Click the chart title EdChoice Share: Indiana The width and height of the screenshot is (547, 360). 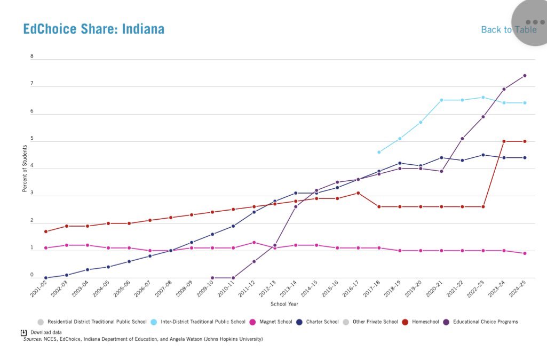point(93,29)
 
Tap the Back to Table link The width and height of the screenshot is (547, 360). point(508,29)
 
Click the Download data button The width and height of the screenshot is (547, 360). point(42,332)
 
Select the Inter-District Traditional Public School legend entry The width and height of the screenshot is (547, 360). point(200,322)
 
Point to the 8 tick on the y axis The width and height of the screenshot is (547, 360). point(31,56)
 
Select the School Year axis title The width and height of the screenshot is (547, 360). point(284,304)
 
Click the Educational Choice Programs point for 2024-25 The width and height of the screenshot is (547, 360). point(525,76)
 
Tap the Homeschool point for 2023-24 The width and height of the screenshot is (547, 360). point(504,141)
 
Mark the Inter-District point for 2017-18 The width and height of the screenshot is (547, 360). point(379,152)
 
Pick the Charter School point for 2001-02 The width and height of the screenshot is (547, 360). point(46,278)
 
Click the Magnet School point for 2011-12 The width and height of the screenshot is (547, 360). point(254,243)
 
